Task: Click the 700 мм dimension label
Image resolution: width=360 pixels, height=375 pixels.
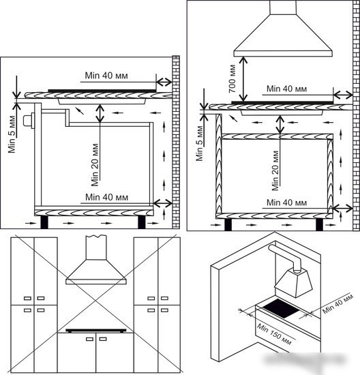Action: point(232,78)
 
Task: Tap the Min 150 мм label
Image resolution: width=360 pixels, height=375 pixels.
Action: point(274,334)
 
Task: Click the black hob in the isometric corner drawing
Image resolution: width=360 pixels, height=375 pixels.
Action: point(280,308)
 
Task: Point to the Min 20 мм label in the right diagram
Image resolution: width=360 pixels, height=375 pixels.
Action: point(275,170)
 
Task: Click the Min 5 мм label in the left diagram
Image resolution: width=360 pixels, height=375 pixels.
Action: point(12,134)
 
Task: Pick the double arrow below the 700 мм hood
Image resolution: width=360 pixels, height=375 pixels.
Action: point(243,78)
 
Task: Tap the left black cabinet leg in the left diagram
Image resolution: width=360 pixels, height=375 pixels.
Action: point(44,222)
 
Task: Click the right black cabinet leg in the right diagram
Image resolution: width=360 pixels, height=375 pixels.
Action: point(319,224)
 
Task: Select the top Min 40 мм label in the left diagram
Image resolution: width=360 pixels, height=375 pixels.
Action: point(106,76)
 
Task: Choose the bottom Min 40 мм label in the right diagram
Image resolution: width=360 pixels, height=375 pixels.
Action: point(286,202)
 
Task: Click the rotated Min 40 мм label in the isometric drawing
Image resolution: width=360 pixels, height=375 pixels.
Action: point(337,303)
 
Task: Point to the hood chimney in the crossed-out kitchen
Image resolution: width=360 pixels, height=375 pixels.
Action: point(96,247)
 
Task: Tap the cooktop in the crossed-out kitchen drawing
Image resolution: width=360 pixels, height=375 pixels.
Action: point(96,331)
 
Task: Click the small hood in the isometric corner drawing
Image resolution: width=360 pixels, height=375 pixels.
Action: point(293,282)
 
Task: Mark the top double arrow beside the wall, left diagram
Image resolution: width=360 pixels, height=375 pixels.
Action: point(164,82)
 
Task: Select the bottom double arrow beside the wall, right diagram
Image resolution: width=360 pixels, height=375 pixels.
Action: point(342,209)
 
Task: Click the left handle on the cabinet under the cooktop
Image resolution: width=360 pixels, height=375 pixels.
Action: point(89,339)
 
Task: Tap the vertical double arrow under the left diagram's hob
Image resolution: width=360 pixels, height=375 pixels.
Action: point(100,113)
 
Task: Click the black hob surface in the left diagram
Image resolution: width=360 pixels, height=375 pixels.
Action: point(102,91)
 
